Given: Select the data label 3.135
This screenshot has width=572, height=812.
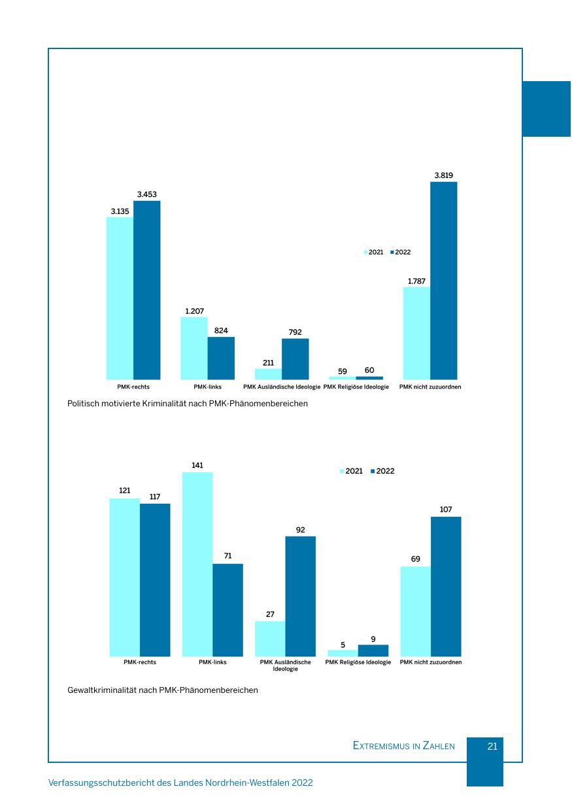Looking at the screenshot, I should (120, 211).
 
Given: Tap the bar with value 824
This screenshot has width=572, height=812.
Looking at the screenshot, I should (221, 358).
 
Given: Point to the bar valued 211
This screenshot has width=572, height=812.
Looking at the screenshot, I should (268, 374).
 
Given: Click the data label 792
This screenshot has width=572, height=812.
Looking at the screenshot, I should (295, 332).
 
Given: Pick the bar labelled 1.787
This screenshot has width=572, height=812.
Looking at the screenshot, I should (416, 333).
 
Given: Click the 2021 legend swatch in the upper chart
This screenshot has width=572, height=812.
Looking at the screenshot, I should (366, 253).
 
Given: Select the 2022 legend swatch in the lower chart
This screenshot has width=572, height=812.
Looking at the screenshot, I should (373, 471).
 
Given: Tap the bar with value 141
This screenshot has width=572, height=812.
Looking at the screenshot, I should (197, 564).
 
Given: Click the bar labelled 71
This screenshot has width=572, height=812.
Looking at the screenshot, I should (227, 610).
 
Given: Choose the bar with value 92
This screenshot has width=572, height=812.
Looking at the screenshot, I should (300, 596).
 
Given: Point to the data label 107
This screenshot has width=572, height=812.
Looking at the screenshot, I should (446, 509).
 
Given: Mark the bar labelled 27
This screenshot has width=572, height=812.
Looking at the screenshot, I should (270, 639).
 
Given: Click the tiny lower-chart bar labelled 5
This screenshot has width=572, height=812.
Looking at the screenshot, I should (343, 653).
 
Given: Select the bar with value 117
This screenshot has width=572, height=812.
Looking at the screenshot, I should (155, 580).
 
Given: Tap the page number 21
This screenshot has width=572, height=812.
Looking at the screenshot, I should (493, 746).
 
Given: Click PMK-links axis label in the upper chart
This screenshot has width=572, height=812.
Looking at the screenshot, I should (207, 387).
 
